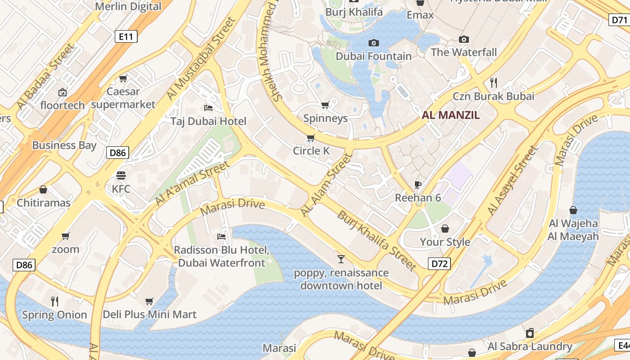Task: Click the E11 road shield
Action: tap(126, 36)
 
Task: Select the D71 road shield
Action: tap(620, 19)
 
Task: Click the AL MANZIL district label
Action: tap(450, 115)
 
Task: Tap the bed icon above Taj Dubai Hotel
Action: tap(208, 108)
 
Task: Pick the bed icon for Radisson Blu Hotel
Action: tap(221, 237)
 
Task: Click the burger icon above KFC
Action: tap(121, 175)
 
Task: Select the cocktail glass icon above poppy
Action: tap(341, 259)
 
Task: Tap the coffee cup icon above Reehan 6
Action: tap(418, 184)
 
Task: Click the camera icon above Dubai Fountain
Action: tap(373, 43)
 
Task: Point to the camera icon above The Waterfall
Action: tap(463, 40)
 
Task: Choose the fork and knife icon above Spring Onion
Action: tap(54, 301)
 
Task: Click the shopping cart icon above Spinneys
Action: tap(325, 105)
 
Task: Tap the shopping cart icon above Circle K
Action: tap(310, 138)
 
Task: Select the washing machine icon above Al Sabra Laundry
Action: tap(530, 333)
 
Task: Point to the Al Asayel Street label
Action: tap(513, 180)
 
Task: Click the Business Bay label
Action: tap(64, 145)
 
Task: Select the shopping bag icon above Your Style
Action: tap(445, 229)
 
